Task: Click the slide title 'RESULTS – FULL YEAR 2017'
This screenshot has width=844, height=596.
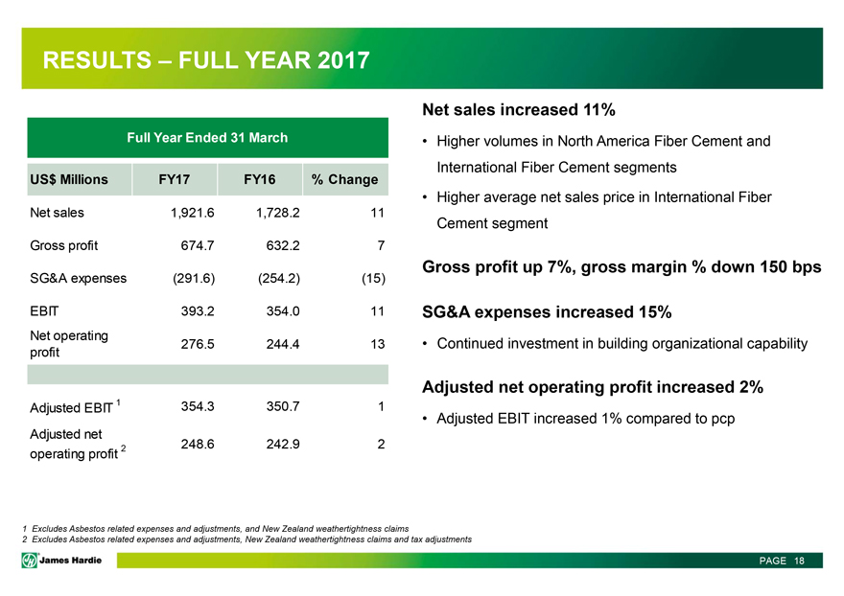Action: point(206,61)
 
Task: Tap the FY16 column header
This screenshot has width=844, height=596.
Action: point(260,179)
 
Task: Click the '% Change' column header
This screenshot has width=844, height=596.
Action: point(344,179)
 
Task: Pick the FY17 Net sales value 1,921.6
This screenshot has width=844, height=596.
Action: point(190,213)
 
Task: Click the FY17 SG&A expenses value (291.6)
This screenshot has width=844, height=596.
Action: point(192,278)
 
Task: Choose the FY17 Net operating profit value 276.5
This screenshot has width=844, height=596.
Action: point(196,343)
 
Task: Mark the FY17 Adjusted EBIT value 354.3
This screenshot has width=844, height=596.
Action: point(196,406)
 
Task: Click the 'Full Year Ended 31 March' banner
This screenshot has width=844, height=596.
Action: point(207,138)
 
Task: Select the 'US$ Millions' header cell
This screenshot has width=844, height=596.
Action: point(70,179)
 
